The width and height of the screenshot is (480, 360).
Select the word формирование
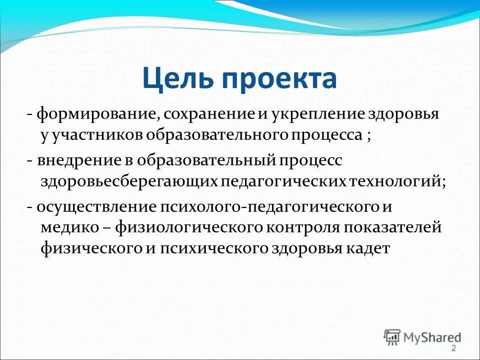pos(95,114)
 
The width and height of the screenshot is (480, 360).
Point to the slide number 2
pos(453,348)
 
